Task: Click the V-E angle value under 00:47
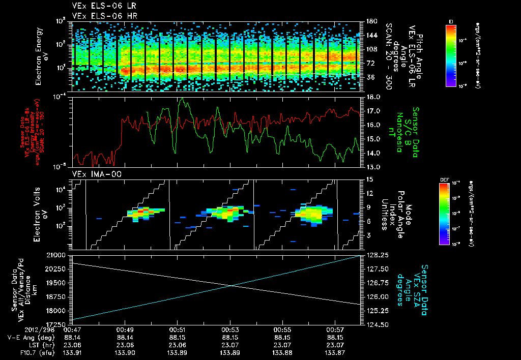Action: (x=72, y=337)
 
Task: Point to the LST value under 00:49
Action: (x=125, y=344)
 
